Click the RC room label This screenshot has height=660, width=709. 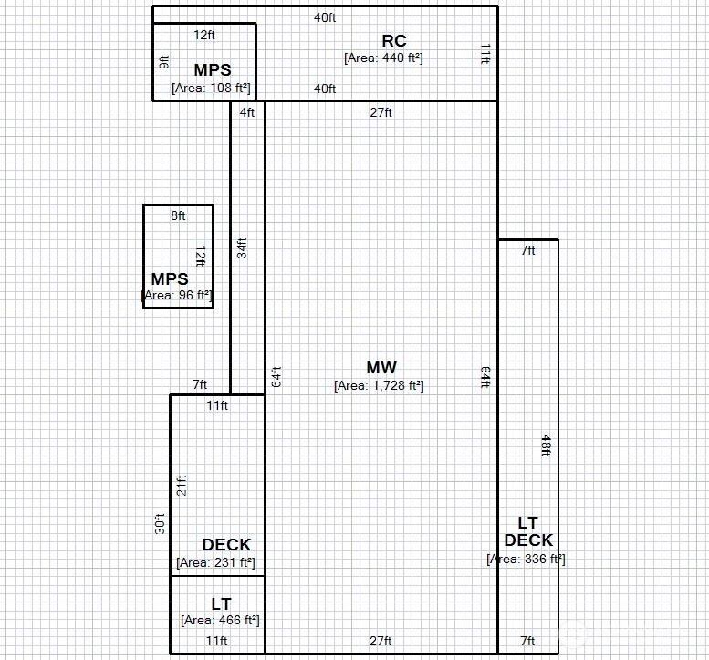click(394, 41)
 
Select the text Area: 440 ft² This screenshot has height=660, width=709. click(383, 58)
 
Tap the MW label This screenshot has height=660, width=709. click(381, 367)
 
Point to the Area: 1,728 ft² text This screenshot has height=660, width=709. click(379, 386)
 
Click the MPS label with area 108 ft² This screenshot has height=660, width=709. click(213, 70)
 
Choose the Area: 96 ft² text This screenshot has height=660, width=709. click(177, 296)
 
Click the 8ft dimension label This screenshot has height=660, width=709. click(178, 215)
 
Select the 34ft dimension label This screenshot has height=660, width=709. click(242, 248)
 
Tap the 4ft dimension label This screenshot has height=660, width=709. click(247, 112)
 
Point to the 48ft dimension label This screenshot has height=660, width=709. click(546, 445)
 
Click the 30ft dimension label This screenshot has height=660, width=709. click(160, 524)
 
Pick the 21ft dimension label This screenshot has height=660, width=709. click(182, 486)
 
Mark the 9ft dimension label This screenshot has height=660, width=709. click(164, 62)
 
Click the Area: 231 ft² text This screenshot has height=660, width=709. click(215, 562)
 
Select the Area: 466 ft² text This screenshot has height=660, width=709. click(220, 620)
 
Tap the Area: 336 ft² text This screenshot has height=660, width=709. click(526, 559)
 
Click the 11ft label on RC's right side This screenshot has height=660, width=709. click(485, 54)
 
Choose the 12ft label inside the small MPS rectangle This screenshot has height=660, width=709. click(201, 256)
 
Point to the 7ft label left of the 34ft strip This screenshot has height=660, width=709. click(200, 384)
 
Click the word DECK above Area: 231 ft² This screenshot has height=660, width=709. click(226, 545)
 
